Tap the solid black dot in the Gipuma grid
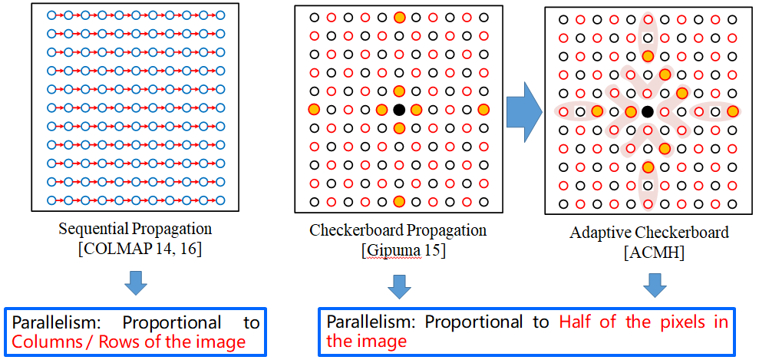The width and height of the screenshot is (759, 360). point(398,110)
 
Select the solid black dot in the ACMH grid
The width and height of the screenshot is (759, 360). point(648,112)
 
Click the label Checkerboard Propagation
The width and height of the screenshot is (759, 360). point(398,230)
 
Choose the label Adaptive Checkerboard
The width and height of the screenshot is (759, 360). point(648,233)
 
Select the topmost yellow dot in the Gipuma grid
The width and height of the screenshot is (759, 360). point(398,18)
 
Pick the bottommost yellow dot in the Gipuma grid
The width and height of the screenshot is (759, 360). point(398,201)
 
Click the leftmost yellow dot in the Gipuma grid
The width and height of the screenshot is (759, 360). point(313,110)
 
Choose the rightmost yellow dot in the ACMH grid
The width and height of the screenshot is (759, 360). point(732,112)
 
